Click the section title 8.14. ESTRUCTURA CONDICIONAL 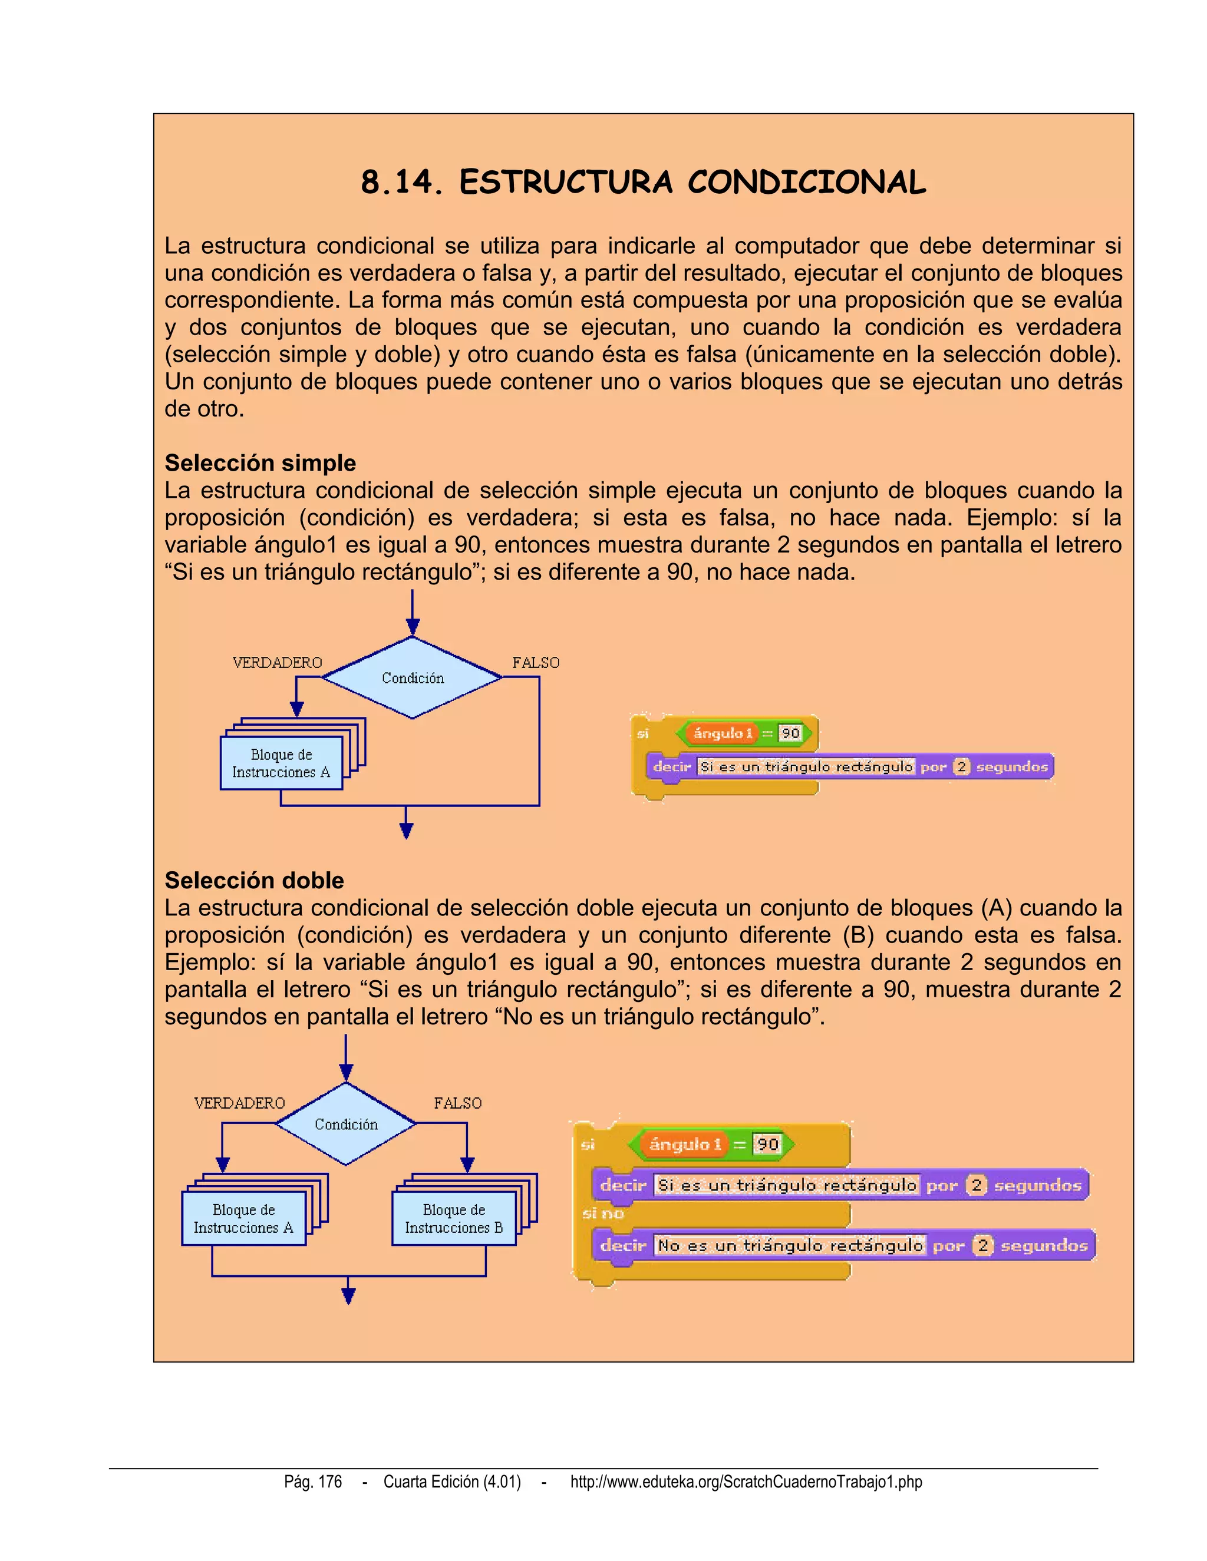pyautogui.click(x=643, y=182)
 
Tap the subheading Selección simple pyautogui.click(x=260, y=463)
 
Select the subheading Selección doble pyautogui.click(x=254, y=880)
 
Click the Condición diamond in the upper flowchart pyautogui.click(x=413, y=677)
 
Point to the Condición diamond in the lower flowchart pyautogui.click(x=346, y=1125)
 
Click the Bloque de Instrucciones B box pyautogui.click(x=454, y=1219)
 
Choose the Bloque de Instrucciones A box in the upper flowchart pyautogui.click(x=281, y=763)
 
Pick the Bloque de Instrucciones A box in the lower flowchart pyautogui.click(x=244, y=1219)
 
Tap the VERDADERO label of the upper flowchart pyautogui.click(x=278, y=663)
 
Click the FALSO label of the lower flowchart pyautogui.click(x=457, y=1103)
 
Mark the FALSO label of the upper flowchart pyautogui.click(x=536, y=663)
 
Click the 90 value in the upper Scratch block pyautogui.click(x=790, y=733)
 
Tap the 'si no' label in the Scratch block pyautogui.click(x=603, y=1213)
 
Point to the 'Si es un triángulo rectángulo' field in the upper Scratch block pyautogui.click(x=806, y=767)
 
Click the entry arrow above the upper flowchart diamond pyautogui.click(x=413, y=613)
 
